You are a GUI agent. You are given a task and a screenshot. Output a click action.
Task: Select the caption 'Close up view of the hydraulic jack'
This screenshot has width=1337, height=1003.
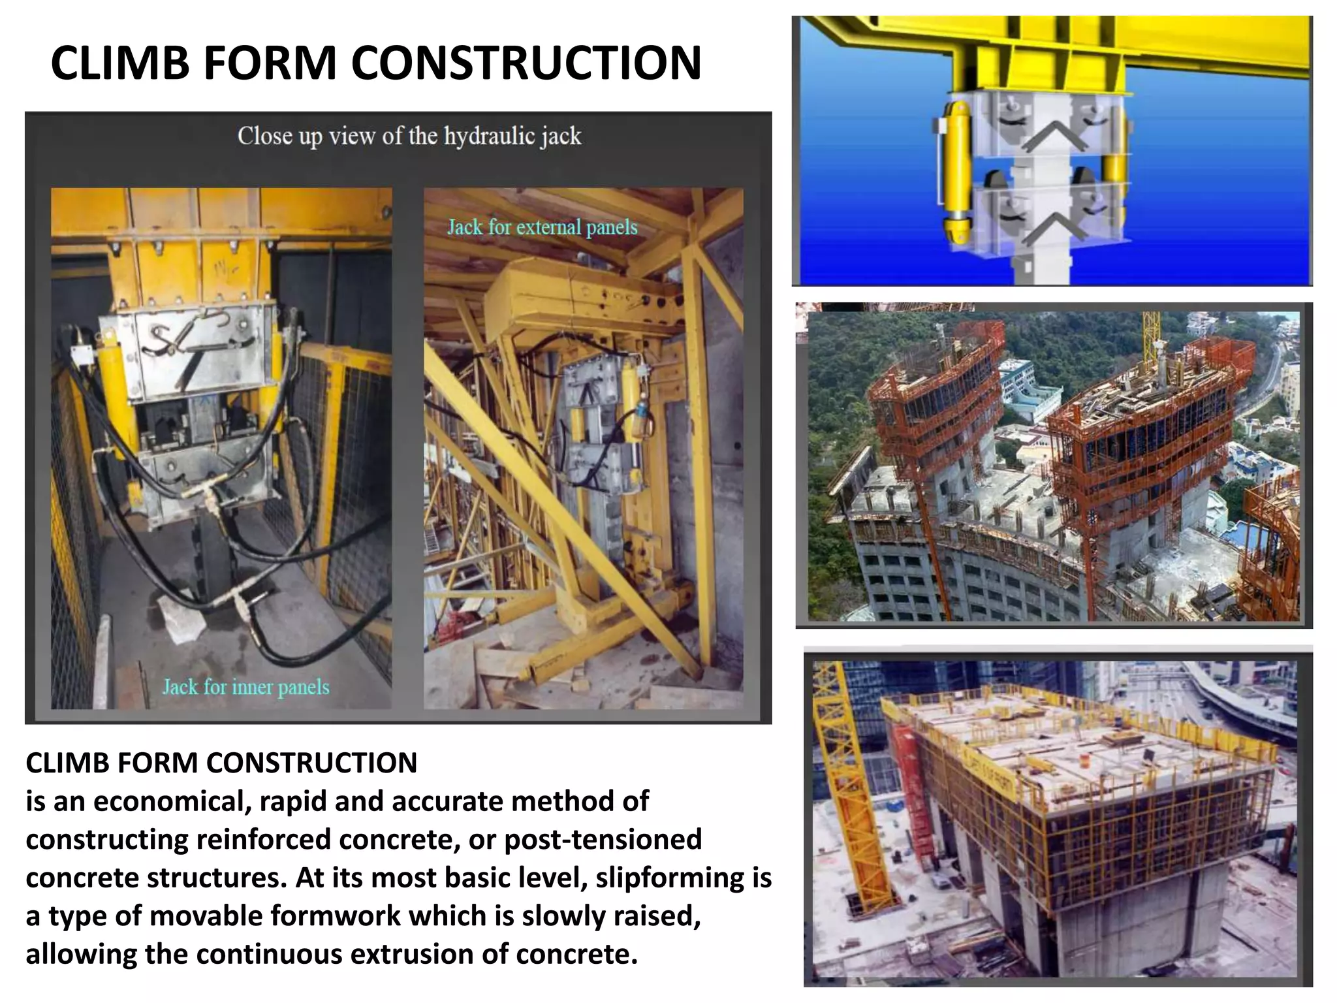coord(409,136)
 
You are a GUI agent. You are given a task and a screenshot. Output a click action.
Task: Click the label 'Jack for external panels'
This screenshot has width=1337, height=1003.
coord(542,227)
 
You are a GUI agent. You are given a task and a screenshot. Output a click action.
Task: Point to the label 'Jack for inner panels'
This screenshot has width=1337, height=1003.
coord(245,687)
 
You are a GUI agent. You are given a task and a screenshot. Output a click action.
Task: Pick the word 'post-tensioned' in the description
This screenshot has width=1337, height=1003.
coord(603,839)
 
